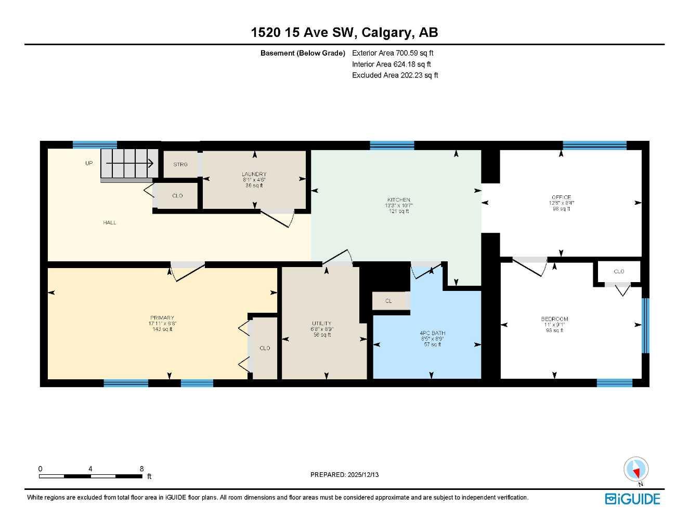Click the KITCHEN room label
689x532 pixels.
point(398,200)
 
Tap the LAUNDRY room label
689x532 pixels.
point(254,174)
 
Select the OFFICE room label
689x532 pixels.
point(561,197)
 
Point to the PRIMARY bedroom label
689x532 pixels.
point(162,318)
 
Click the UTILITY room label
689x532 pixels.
point(321,324)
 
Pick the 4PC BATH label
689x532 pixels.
point(432,333)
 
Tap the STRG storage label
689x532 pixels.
point(180,164)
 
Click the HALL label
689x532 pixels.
point(110,222)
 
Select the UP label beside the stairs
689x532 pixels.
point(89,163)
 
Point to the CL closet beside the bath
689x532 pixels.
point(388,301)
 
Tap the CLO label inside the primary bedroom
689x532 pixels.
point(265,348)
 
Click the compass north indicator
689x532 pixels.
point(636,470)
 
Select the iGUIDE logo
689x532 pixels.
point(632,499)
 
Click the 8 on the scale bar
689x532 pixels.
point(141,469)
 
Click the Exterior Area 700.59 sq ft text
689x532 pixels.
point(393,52)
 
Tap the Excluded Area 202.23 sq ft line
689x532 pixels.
point(395,75)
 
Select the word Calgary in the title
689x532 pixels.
point(386,32)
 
